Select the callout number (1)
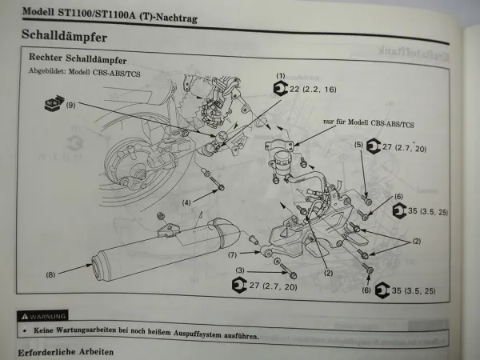coord(281,75)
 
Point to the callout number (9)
coord(70,105)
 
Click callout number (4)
coord(186,202)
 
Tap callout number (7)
coord(232,255)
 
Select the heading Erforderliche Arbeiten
coord(66,351)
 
